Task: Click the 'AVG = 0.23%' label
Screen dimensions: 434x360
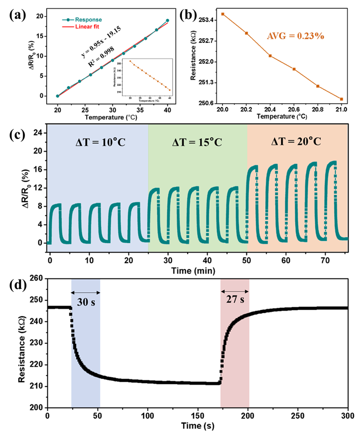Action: point(296,36)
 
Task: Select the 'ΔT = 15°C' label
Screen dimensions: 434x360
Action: point(197,142)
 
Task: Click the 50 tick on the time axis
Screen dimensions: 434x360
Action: point(247,260)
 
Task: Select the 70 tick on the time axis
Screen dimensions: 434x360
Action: point(326,260)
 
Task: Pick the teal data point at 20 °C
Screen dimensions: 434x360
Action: point(57,96)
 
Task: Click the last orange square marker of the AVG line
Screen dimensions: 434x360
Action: point(342,99)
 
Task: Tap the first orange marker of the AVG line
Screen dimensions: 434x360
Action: point(222,14)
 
